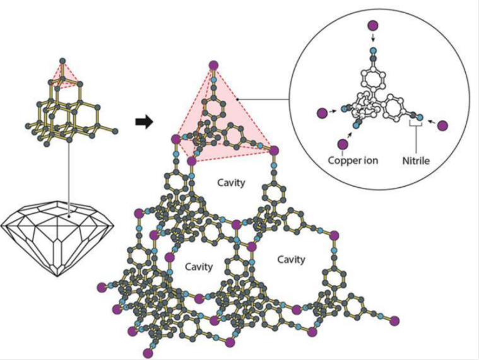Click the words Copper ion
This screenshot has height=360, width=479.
point(353,160)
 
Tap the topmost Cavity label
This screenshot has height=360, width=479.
point(230,182)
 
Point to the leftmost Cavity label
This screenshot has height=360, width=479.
point(199,266)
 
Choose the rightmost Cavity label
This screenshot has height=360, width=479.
point(292,259)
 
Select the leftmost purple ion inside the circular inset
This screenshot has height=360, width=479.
point(322,113)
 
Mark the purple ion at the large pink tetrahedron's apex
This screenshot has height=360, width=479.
point(214,64)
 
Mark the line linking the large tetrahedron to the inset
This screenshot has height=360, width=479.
point(265,98)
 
